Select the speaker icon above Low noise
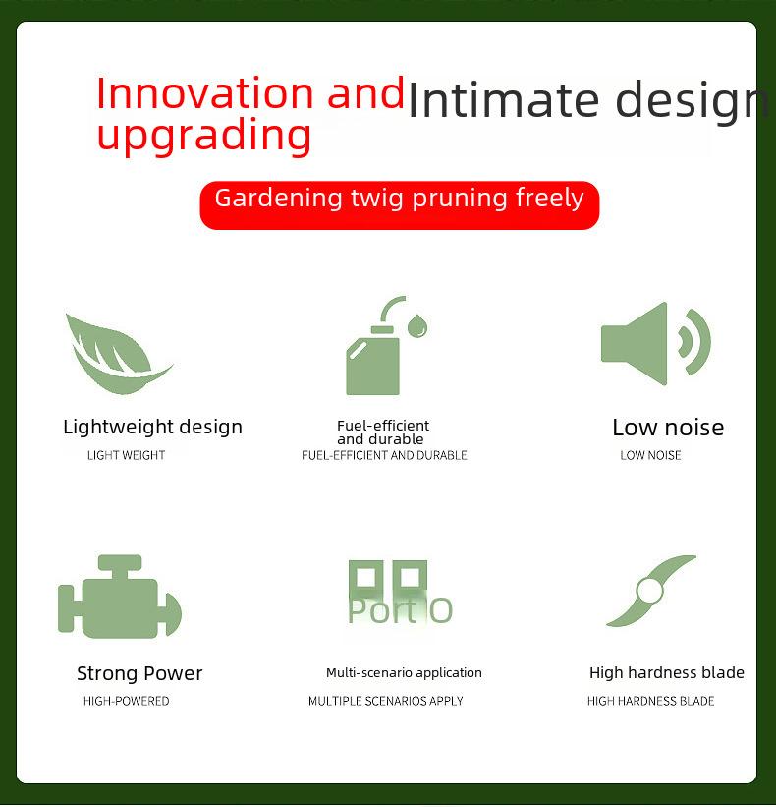(656, 343)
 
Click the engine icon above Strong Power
(120, 597)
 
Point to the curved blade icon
(651, 591)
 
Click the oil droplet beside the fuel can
(417, 325)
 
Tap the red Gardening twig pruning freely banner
(400, 204)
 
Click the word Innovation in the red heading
(204, 93)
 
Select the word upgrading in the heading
(204, 135)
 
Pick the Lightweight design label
(152, 428)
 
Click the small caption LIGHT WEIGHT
(126, 455)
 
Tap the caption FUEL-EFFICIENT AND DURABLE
(384, 455)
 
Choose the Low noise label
(668, 428)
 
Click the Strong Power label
(139, 673)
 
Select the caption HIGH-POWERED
(126, 701)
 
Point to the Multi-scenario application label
(404, 672)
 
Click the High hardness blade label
(666, 672)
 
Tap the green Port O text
(400, 611)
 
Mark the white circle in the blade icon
(649, 591)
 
